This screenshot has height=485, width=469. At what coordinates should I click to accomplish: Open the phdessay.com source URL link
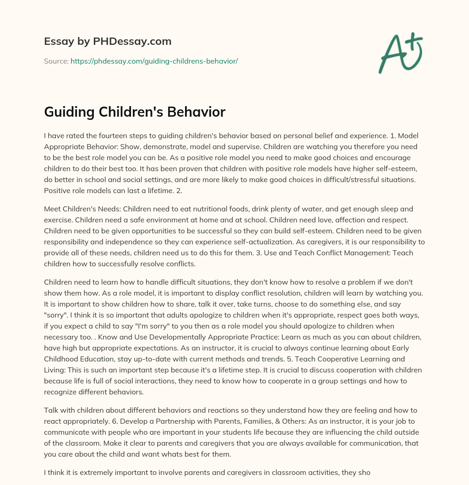pos(154,61)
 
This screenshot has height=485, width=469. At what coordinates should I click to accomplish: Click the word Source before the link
pos(56,61)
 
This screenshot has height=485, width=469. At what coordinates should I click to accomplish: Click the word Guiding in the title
pos(68,112)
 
